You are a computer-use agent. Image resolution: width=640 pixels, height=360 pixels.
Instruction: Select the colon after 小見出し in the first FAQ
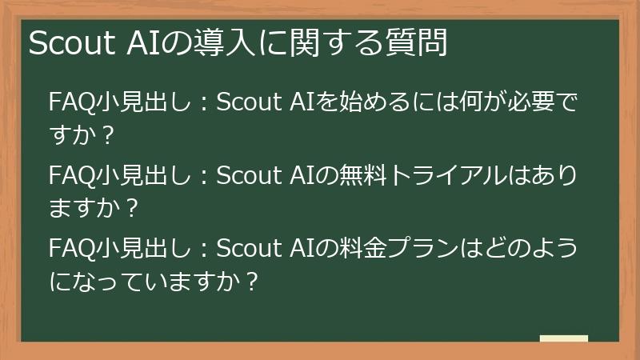pos(202,104)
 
